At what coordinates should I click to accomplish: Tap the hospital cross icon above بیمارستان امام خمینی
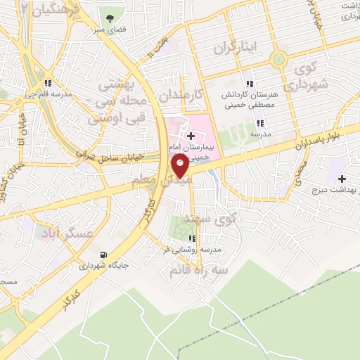click(x=191, y=134)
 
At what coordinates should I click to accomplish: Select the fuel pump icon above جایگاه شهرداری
click(x=105, y=255)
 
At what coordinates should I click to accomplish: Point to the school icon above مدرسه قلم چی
click(x=47, y=84)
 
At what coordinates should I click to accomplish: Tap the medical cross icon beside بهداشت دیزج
click(x=342, y=179)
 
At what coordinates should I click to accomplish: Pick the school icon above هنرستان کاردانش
click(x=251, y=83)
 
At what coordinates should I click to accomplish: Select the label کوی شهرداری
click(x=310, y=77)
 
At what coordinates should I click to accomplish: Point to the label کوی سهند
click(x=218, y=220)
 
